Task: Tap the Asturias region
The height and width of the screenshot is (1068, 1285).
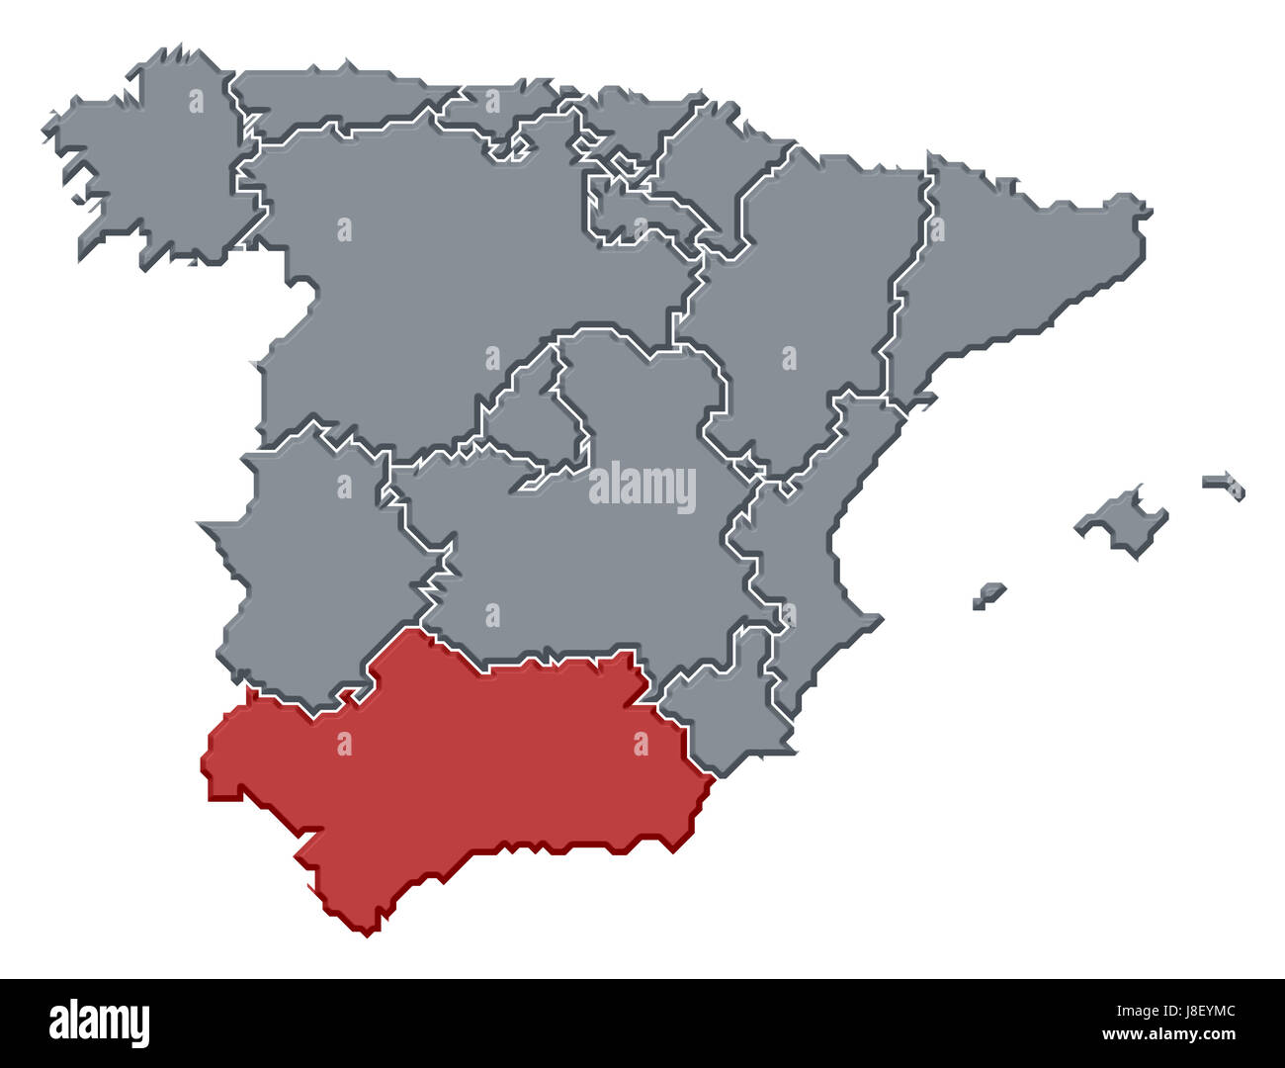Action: (326, 99)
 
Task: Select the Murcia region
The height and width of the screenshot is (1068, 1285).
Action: (722, 712)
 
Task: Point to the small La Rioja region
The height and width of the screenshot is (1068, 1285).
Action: (633, 213)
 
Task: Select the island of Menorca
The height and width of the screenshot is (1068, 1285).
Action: (1226, 484)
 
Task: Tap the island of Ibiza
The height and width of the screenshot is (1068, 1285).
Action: (988, 595)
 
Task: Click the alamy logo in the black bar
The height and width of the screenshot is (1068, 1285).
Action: (99, 1023)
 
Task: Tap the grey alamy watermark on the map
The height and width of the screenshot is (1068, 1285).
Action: (642, 487)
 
